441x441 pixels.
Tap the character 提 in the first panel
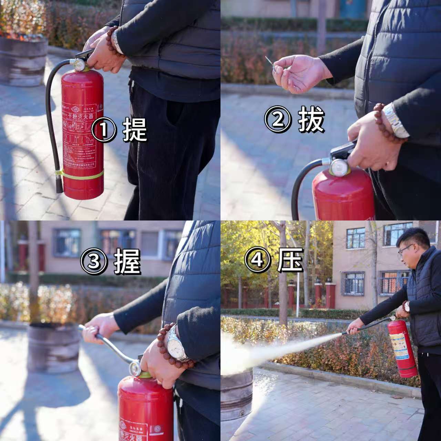click(135, 130)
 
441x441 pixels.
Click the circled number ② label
click(278, 120)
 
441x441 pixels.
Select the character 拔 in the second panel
click(311, 120)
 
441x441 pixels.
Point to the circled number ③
click(94, 261)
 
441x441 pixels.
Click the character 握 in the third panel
click(127, 261)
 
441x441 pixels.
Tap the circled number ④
click(257, 259)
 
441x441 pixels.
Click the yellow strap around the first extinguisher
click(81, 174)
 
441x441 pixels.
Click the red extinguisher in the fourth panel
click(402, 348)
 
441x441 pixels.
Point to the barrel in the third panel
click(53, 348)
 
